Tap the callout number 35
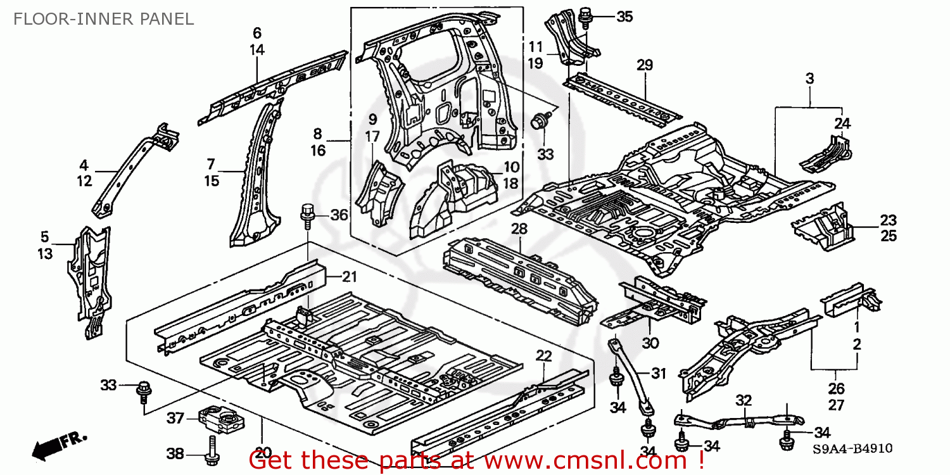[624, 17]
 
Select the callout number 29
[645, 65]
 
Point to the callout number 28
[519, 228]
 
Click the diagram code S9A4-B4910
[852, 448]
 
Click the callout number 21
[350, 276]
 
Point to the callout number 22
[543, 356]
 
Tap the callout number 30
[651, 343]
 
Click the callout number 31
[659, 374]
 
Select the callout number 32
[744, 400]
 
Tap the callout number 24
[842, 123]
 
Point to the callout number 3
[810, 79]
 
